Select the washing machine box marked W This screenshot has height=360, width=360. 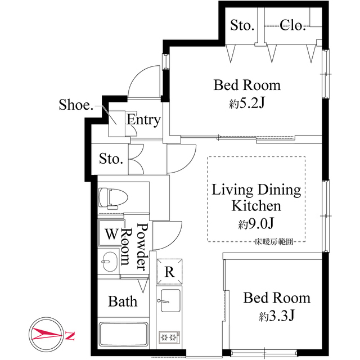[111, 232]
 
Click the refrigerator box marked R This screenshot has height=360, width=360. [169, 272]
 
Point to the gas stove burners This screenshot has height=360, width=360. [168, 338]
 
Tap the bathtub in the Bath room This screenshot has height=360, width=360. [123, 336]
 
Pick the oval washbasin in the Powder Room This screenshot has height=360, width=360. [110, 262]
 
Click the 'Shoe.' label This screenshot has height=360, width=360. [75, 105]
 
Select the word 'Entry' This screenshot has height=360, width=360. [143, 120]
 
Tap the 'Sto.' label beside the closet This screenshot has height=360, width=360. [243, 25]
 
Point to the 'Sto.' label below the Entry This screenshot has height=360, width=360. [111, 159]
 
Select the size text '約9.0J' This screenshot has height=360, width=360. [256, 224]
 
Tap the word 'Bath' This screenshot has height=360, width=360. [123, 301]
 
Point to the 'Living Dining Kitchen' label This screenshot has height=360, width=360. [256, 197]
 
